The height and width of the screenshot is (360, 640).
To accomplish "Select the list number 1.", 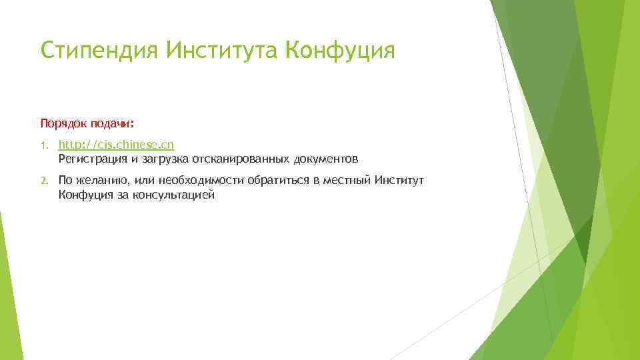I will coord(43,145).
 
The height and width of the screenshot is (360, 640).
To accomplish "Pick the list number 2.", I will coord(43,181).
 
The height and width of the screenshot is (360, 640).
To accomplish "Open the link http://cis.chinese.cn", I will coord(116,145).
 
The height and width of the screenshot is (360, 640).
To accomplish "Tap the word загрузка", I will coord(165,159).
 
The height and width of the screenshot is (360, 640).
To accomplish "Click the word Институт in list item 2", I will coord(399,181).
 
